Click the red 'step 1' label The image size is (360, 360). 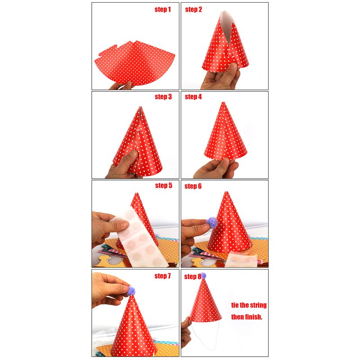tap(162, 9)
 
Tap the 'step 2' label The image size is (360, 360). tap(193, 9)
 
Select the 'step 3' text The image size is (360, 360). tap(163, 97)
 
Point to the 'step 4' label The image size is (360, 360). tap(193, 97)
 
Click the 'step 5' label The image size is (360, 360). tap(163, 185)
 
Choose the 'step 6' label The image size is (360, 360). tap(193, 186)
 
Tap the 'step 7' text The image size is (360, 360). tap(162, 276)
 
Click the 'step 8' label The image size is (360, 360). tap(193, 276)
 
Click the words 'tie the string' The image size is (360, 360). tap(249, 305)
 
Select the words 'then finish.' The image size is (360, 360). tap(247, 317)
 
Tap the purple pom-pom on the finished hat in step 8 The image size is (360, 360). tap(203, 276)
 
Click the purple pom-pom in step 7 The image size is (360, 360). tap(131, 291)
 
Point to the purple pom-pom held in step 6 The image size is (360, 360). tap(211, 222)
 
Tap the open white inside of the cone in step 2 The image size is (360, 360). tap(226, 25)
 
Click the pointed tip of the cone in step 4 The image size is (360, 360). tap(223, 103)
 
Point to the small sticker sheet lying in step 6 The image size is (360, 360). tap(243, 259)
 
